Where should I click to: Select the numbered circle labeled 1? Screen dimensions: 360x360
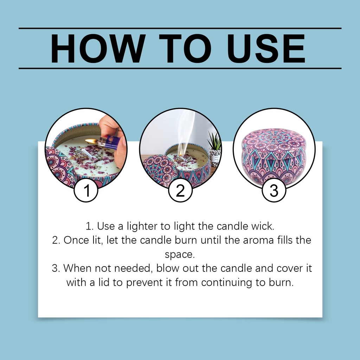pyautogui.click(x=86, y=190)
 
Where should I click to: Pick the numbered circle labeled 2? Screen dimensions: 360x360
pyautogui.click(x=180, y=190)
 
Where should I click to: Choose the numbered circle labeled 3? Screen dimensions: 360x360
pyautogui.click(x=274, y=190)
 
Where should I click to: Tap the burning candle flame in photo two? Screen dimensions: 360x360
pyautogui.click(x=181, y=153)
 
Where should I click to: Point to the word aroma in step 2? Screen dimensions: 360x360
pyautogui.click(x=258, y=240)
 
